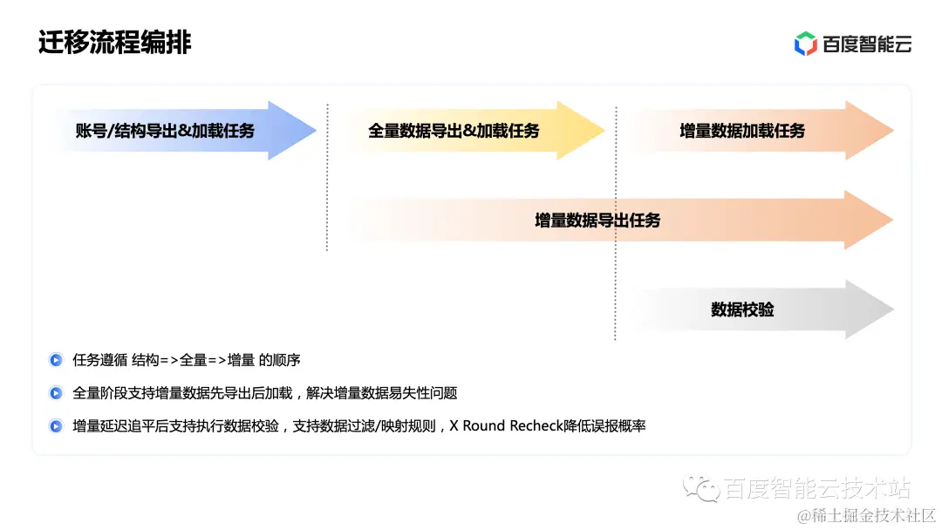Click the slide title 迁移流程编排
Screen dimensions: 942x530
[x=114, y=42]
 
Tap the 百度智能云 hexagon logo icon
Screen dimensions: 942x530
[x=805, y=44]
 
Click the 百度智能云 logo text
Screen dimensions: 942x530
[x=866, y=44]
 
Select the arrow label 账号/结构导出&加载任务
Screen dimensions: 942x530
[x=165, y=131]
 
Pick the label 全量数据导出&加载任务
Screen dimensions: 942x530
[x=454, y=131]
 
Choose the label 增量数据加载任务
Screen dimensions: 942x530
[x=742, y=131]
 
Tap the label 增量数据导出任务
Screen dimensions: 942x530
[x=597, y=220]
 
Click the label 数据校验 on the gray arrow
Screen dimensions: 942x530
[x=742, y=309]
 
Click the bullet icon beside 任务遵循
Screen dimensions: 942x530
[x=56, y=360]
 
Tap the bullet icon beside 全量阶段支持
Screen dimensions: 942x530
[x=56, y=393]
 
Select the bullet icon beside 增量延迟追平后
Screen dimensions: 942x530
[x=56, y=426]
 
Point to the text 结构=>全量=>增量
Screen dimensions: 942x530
[x=194, y=360]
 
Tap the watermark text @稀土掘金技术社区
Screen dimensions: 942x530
[x=867, y=515]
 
